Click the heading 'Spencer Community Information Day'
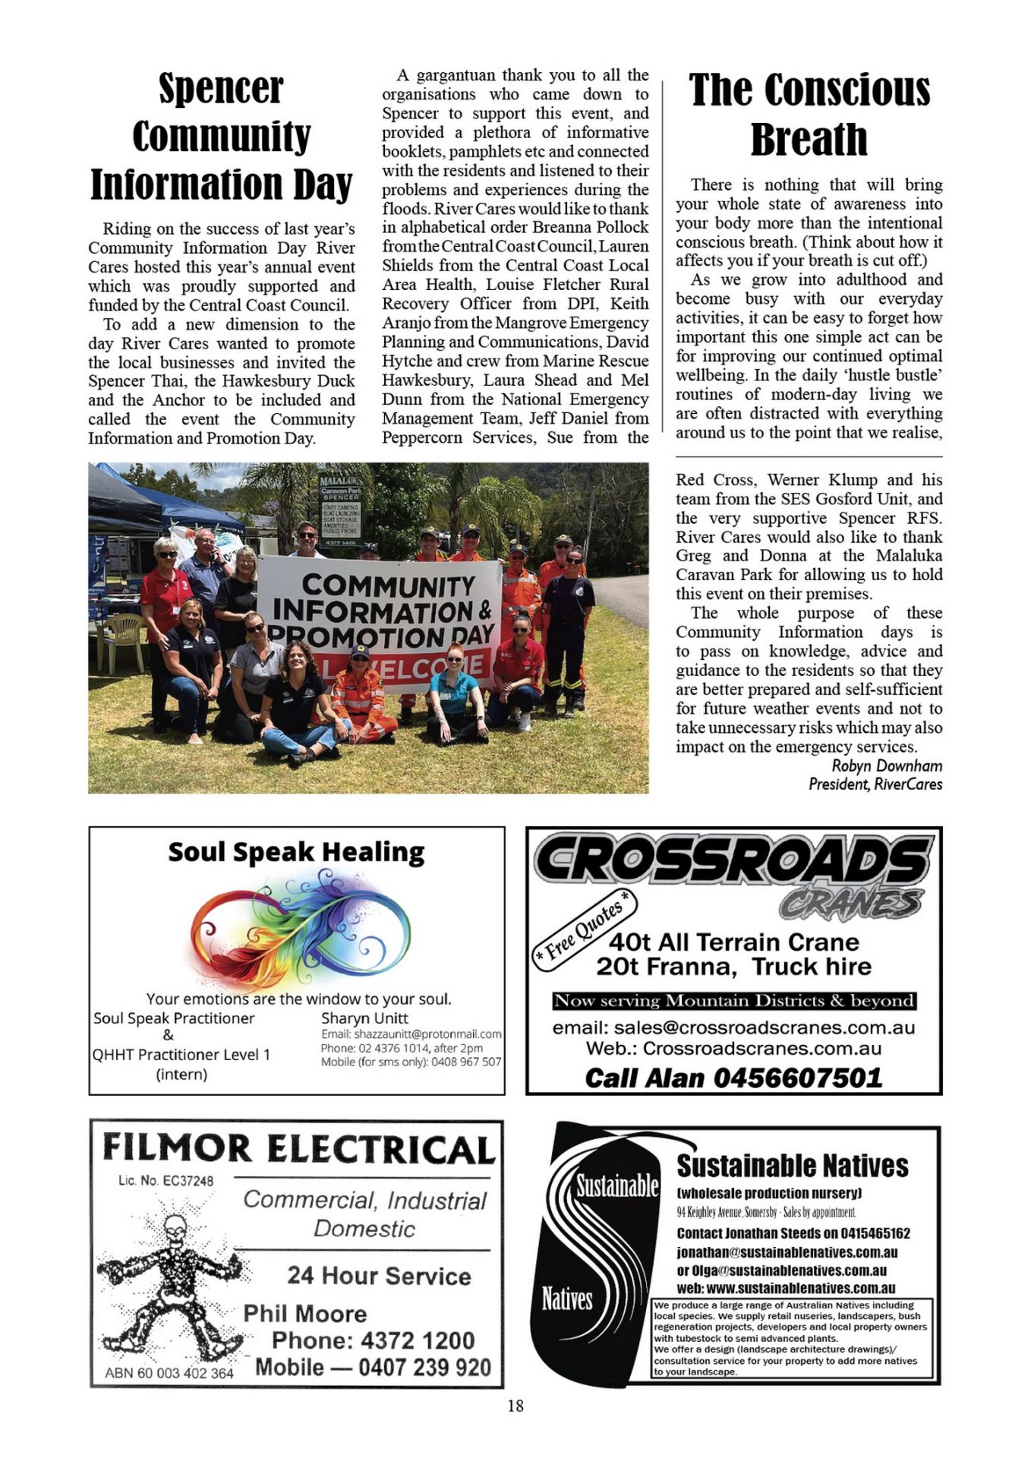point(221,137)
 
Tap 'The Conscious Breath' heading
point(809,115)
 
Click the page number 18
point(515,1406)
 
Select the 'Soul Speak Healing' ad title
point(296,852)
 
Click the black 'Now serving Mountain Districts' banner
point(734,1001)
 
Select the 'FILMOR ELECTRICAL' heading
point(298,1148)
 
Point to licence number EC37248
point(166,1181)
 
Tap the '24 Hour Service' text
point(379,1276)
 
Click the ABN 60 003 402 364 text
point(169,1373)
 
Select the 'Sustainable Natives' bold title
point(792,1166)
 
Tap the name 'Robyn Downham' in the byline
point(887,765)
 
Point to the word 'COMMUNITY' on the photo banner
point(388,585)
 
